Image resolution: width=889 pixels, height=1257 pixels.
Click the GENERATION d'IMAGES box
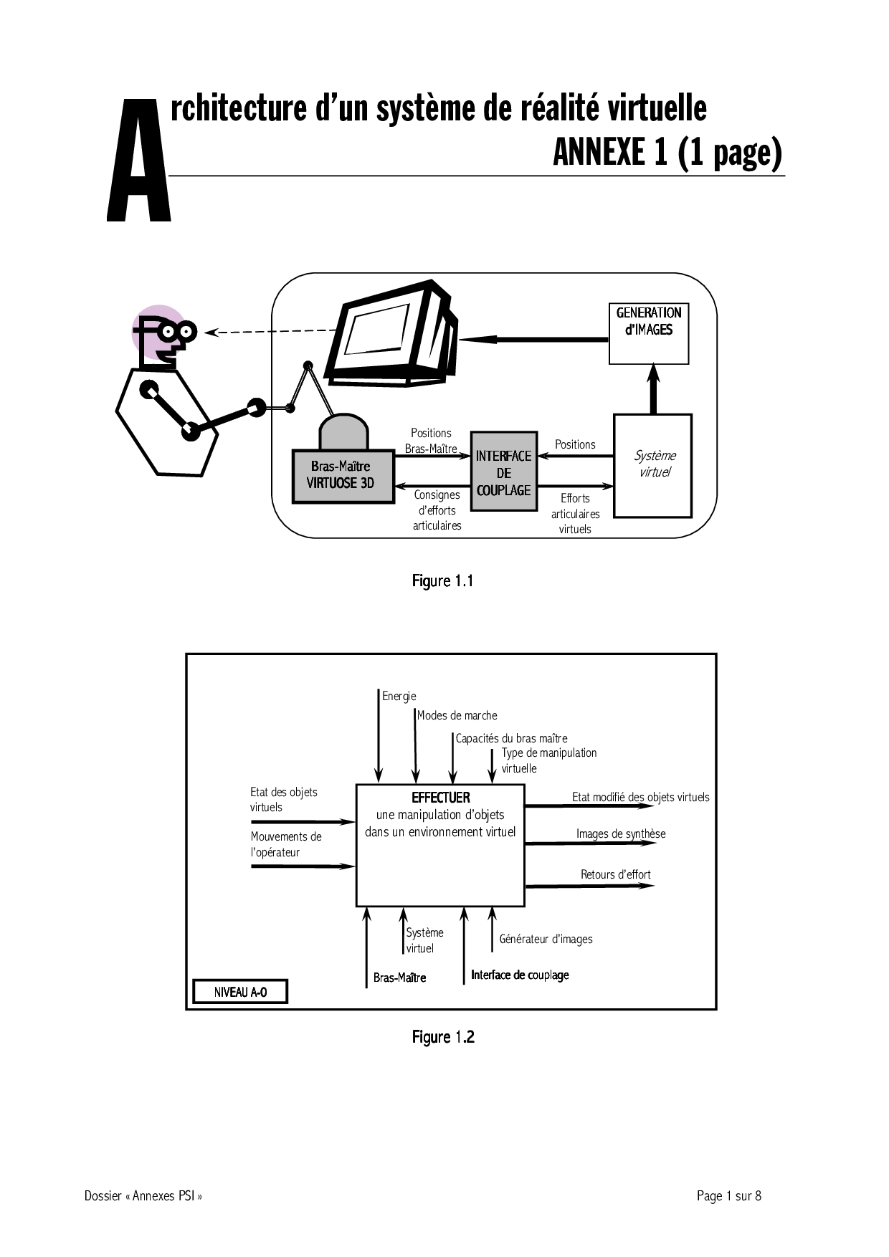[x=649, y=333]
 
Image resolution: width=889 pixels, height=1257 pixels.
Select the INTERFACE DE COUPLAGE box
[x=503, y=471]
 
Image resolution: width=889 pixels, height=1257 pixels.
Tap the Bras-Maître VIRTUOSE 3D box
[x=343, y=476]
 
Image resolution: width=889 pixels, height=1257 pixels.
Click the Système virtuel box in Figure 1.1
[x=652, y=465]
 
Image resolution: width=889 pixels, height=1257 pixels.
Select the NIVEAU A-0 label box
[x=240, y=993]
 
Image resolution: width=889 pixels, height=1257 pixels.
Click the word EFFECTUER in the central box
[x=440, y=798]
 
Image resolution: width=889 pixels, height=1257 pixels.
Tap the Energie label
[x=399, y=696]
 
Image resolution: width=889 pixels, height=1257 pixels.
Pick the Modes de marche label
[x=457, y=715]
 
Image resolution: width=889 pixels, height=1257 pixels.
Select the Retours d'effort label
[x=616, y=874]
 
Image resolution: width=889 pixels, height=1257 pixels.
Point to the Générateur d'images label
[x=546, y=939]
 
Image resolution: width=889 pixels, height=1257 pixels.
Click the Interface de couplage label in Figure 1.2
[x=520, y=975]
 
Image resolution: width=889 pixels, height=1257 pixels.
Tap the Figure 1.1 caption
[x=442, y=581]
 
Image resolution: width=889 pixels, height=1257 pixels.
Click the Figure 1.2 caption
[x=443, y=1037]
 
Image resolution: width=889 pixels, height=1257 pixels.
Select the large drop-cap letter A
[x=138, y=161]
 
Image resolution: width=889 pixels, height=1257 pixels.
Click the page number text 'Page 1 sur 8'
[x=728, y=1195]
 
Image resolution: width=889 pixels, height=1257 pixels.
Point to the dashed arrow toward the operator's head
[x=272, y=331]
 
